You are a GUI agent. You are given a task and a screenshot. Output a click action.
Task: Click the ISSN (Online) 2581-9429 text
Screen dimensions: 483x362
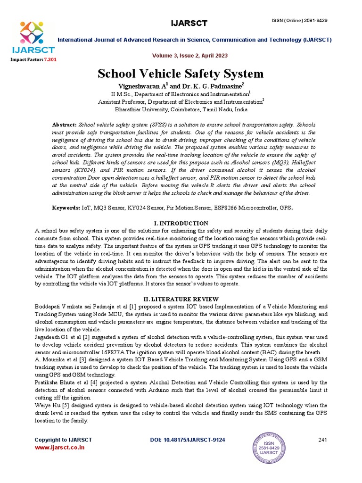coord(299,20)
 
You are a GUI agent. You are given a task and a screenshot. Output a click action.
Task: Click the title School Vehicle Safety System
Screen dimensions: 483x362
coord(181,74)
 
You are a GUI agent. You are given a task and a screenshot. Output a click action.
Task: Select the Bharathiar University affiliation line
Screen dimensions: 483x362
coord(181,109)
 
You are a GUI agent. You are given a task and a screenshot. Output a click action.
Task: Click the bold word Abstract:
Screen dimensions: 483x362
coord(64,124)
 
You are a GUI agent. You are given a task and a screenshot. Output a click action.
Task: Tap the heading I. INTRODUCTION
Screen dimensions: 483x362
coord(181,223)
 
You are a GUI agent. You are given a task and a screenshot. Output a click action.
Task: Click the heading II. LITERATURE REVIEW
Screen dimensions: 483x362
coord(181,299)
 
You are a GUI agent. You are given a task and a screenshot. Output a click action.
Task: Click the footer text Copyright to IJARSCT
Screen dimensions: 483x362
coord(63,440)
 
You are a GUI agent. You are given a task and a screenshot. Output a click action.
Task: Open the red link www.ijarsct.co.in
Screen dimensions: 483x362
coord(59,447)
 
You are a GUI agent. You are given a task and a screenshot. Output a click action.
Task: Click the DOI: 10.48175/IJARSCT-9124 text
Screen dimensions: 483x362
coord(187,440)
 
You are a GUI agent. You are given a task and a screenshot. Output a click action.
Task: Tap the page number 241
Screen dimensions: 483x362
coord(322,440)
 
